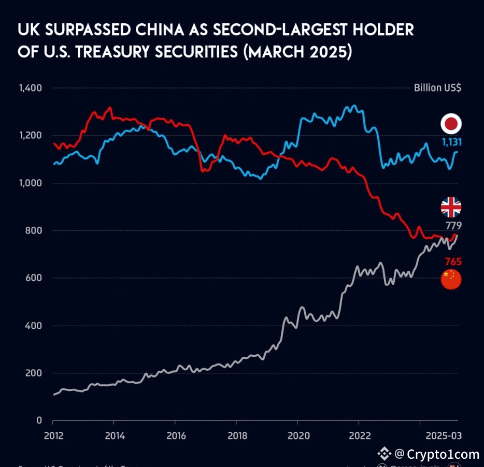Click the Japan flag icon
coord(451,124)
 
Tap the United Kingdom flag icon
coord(451,207)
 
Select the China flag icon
coord(451,279)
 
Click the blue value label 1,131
coord(451,142)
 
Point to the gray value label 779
coord(453,226)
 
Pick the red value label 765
coord(453,261)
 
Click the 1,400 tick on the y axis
coord(30,88)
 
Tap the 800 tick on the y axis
coord(34,231)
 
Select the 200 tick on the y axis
coord(34,373)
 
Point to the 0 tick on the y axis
coord(39,420)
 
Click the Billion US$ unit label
coord(437,88)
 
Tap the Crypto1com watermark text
coord(443,455)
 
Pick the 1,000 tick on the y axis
coord(30,183)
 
